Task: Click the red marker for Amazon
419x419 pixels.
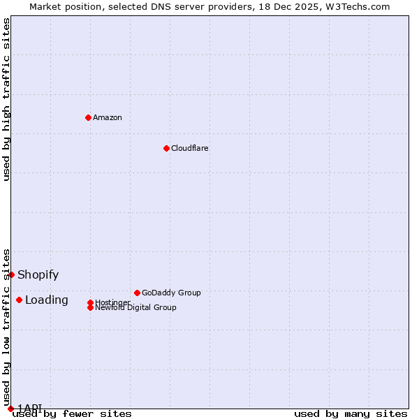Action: (x=88, y=117)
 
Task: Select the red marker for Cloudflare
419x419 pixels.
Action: (x=166, y=148)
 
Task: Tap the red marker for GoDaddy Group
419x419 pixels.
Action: (x=137, y=293)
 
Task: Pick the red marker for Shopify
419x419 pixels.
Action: (x=11, y=274)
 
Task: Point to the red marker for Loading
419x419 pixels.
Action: (x=19, y=300)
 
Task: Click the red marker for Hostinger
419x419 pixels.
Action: (x=90, y=302)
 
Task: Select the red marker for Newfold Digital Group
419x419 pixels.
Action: (x=90, y=307)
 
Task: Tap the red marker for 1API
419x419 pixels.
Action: (x=10, y=409)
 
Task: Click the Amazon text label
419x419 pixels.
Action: (x=108, y=117)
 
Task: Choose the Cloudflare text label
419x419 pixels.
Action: (x=190, y=148)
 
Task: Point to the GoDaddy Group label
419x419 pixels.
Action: (x=171, y=293)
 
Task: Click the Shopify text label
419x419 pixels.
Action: (x=38, y=274)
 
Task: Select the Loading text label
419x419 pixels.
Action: (x=47, y=300)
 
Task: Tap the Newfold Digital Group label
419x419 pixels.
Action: (x=136, y=308)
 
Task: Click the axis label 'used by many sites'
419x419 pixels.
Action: (x=351, y=413)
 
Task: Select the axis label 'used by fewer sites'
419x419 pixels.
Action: (x=72, y=413)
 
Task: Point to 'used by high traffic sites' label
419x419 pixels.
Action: (x=7, y=99)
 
